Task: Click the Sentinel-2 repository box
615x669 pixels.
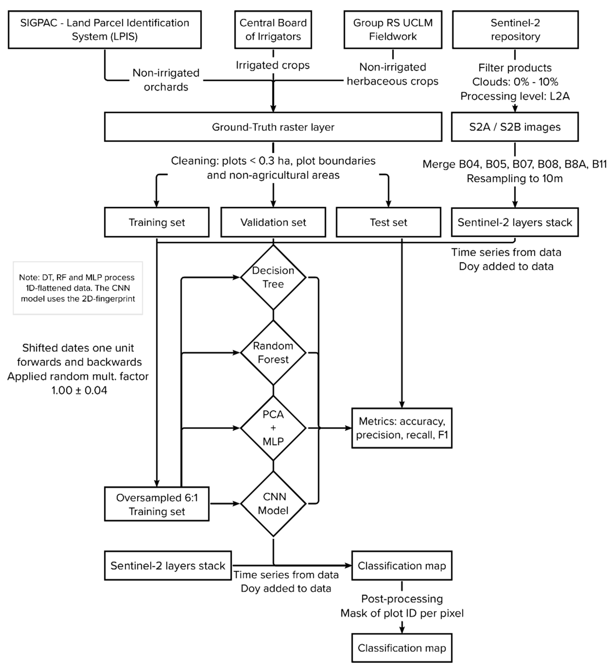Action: [x=515, y=30]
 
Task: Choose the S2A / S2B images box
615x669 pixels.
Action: [x=515, y=127]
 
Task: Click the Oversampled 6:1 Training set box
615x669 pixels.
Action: [x=157, y=504]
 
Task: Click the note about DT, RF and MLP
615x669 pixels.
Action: [x=78, y=288]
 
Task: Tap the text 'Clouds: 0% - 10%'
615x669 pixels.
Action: [x=515, y=82]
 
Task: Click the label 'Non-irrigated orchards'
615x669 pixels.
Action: [x=166, y=80]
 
